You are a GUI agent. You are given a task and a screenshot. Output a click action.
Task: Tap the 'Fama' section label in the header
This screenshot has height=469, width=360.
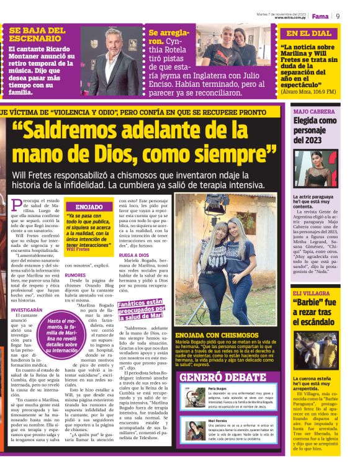tap(320, 16)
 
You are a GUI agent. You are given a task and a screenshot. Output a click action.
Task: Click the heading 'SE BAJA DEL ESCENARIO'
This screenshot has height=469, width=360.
tap(37, 34)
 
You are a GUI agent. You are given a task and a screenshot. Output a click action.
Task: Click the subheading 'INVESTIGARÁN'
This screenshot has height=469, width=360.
tap(27, 309)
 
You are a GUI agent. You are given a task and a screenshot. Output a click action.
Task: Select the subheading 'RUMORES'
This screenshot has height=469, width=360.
tap(75, 274)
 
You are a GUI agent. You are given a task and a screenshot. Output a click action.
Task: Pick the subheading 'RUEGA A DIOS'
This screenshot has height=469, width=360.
tap(133, 256)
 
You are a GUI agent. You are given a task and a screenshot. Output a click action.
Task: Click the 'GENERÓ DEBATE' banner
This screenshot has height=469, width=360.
tap(214, 377)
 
